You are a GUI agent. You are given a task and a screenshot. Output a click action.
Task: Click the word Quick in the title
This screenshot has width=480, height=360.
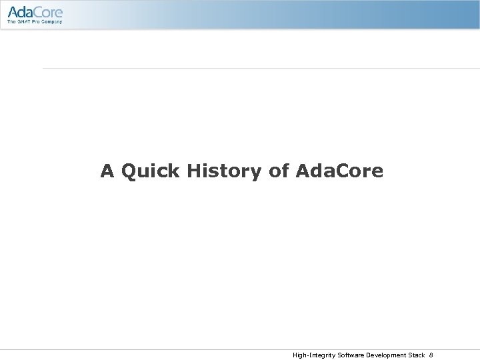151,172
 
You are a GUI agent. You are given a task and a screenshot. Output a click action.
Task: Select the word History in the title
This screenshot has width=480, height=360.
225,172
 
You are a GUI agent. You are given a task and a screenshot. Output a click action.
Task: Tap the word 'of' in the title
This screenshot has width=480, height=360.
279,172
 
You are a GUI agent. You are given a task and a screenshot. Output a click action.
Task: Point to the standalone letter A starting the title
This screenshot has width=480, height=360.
107,172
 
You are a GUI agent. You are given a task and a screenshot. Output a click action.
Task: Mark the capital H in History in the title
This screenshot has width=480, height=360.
195,172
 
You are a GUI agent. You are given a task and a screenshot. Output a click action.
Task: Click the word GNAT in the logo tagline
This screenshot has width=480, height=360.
25,23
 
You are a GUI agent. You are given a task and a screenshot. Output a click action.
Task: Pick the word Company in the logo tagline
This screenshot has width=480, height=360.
53,23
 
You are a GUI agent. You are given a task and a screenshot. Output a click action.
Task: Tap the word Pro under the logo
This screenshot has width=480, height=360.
37,23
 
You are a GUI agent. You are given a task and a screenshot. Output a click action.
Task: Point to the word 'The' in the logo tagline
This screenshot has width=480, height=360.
12,23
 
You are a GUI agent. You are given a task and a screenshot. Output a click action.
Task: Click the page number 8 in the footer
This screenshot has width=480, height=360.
431,355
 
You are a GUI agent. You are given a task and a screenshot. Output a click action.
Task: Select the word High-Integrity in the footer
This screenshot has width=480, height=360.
313,355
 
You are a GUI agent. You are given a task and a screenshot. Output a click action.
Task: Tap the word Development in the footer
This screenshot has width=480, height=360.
386,355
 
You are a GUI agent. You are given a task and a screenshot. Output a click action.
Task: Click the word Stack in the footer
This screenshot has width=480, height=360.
417,355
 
